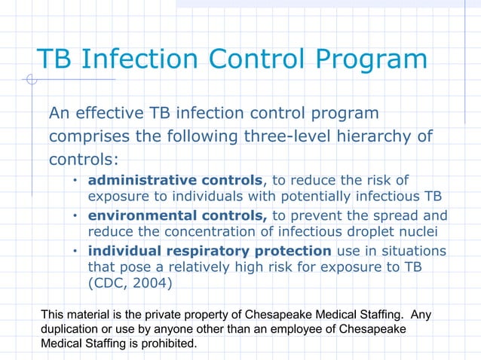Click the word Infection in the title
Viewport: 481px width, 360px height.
pyautogui.click(x=150, y=59)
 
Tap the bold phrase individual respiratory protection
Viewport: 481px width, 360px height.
pyautogui.click(x=210, y=251)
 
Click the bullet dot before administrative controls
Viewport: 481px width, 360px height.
pyautogui.click(x=75, y=181)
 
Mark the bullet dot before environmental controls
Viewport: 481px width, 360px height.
pyautogui.click(x=75, y=216)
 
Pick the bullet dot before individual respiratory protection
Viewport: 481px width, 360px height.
pyautogui.click(x=75, y=252)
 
